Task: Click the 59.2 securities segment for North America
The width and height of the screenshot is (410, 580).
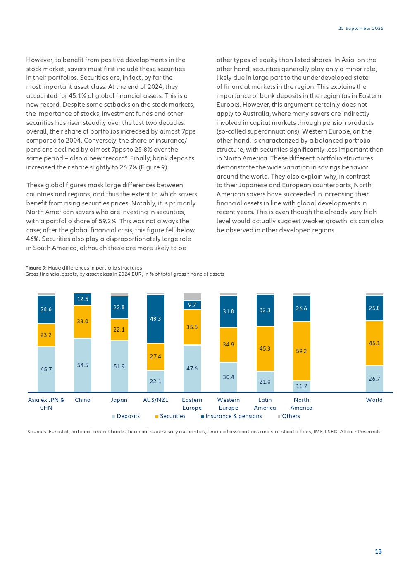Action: [301, 351]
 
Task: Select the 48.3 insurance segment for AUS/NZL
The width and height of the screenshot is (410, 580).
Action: [155, 319]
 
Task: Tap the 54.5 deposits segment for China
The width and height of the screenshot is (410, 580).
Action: [83, 365]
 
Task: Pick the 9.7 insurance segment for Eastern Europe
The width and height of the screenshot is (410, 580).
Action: [192, 305]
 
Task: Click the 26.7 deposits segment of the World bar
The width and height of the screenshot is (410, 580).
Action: [374, 379]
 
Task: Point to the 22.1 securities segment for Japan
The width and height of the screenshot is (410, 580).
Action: [119, 329]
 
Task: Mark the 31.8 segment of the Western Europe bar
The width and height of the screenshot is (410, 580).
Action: [229, 311]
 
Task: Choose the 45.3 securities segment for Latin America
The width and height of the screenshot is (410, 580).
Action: [265, 348]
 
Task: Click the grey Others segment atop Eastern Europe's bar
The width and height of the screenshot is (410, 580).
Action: [192, 296]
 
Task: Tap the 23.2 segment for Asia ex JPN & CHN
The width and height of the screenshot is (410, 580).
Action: [46, 335]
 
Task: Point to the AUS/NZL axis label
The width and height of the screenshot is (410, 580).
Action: [155, 400]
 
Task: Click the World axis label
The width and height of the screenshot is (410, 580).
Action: [374, 400]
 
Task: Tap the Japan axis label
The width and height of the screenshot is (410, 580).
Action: [119, 400]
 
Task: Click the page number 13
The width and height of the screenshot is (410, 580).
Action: [378, 551]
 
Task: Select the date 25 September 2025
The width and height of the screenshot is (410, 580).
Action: [361, 29]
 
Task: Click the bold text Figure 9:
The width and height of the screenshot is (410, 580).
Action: [36, 268]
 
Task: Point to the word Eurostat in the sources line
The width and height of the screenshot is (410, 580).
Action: [59, 432]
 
